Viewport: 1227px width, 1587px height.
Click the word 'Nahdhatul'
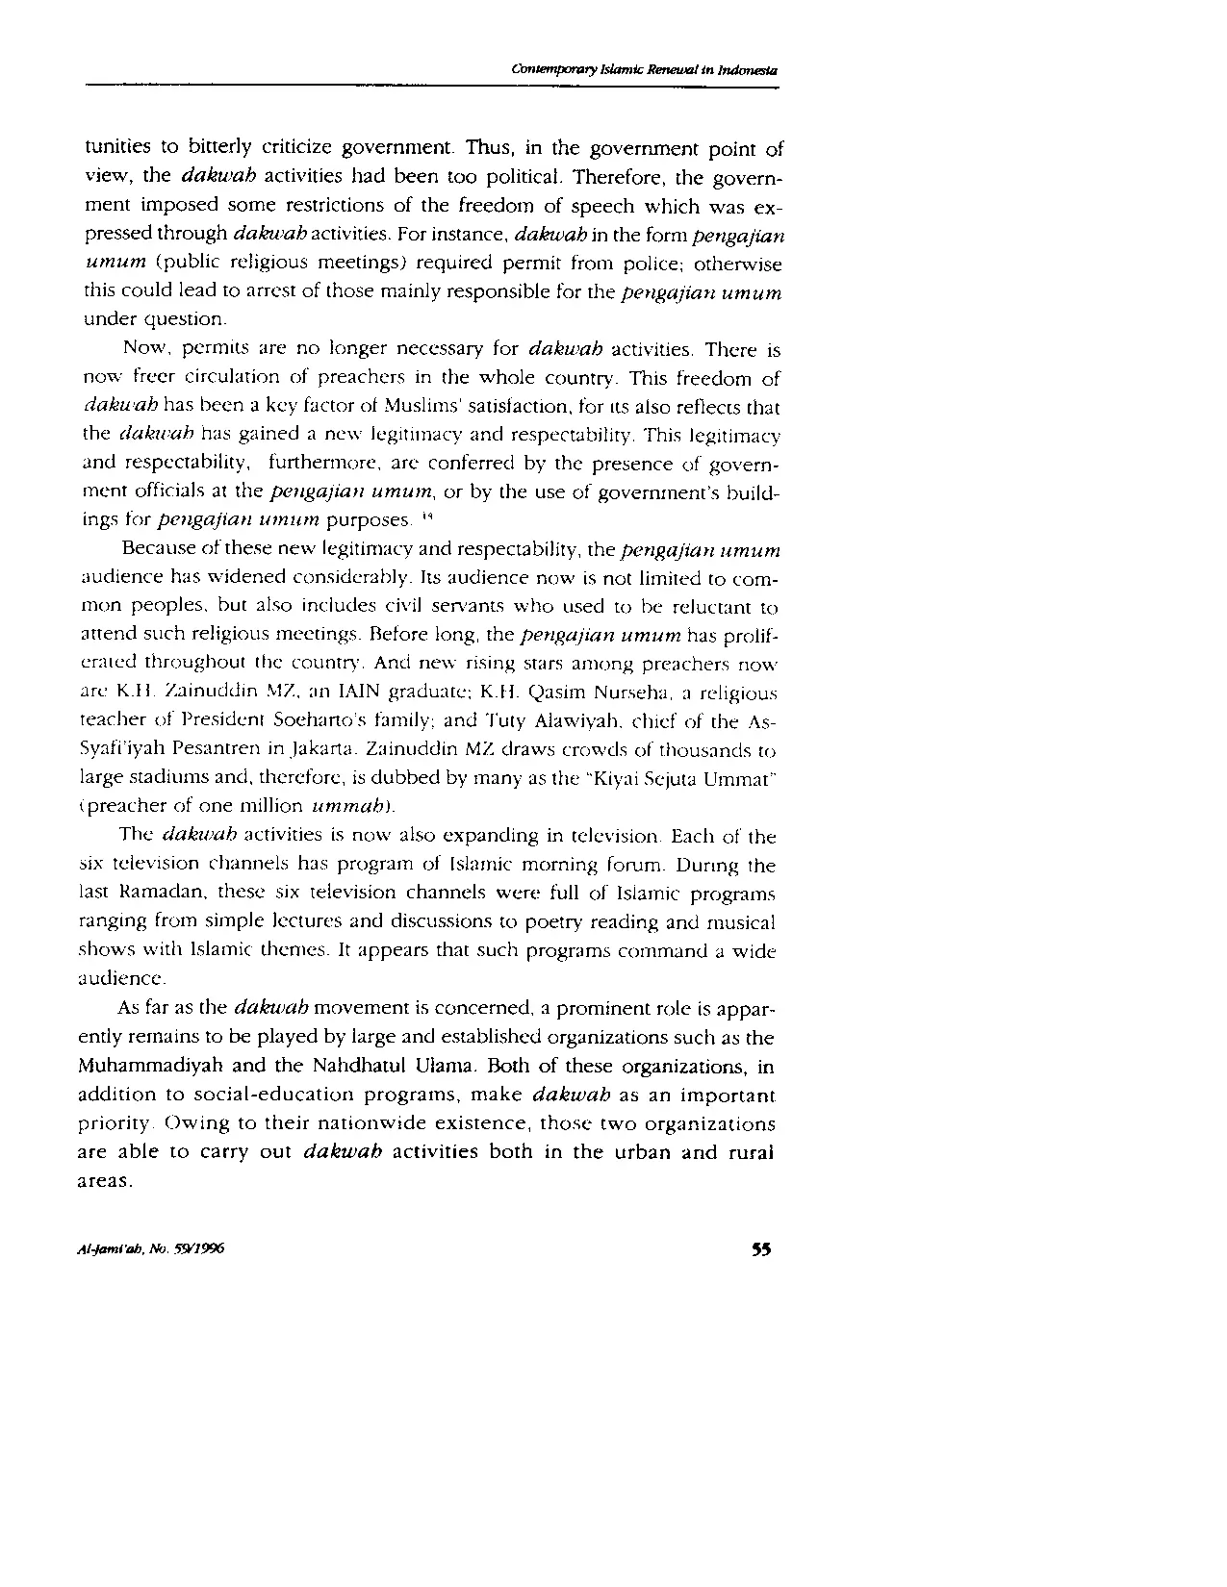tap(363, 1067)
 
